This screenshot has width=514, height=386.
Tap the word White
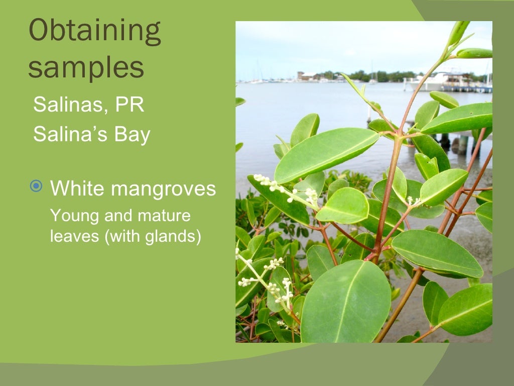click(x=77, y=188)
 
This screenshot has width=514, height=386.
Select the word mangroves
click(x=163, y=189)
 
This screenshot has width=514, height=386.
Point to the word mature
click(x=164, y=216)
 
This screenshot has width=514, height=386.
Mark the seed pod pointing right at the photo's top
click(x=474, y=53)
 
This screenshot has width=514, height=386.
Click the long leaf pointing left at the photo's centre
click(x=326, y=154)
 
